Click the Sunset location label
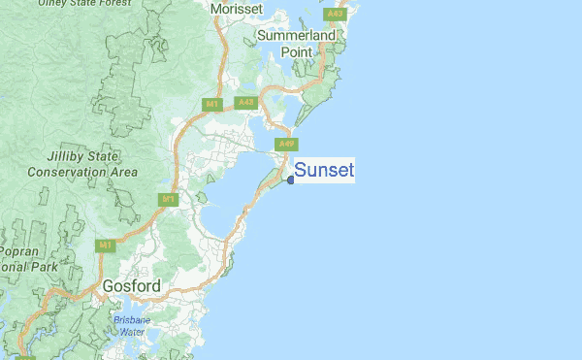tap(324, 171)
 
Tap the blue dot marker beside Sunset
tap(291, 179)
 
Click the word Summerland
tap(297, 36)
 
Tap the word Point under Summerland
tap(298, 51)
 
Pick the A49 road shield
tap(285, 144)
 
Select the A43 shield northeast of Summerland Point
tap(336, 15)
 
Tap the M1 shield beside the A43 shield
tap(211, 103)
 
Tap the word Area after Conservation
tap(123, 172)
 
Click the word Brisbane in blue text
tap(131, 320)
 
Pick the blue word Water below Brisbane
tap(131, 332)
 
